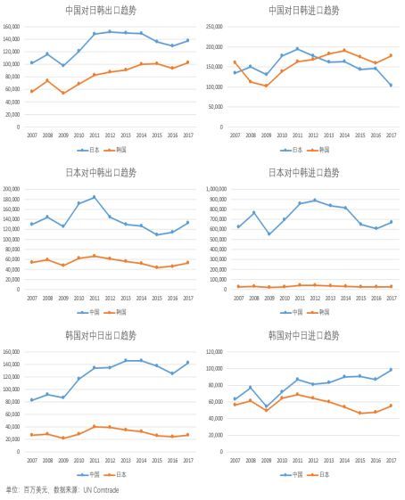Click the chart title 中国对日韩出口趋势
pos(101,11)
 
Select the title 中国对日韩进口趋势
pos(303,11)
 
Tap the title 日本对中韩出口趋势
pos(101,172)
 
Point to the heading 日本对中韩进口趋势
pos(303,172)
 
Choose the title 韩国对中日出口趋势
pos(101,335)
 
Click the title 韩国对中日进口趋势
pos(303,335)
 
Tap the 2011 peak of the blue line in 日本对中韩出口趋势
pos(94,197)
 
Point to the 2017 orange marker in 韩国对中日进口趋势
pos(391,406)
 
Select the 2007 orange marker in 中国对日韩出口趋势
pos(32,91)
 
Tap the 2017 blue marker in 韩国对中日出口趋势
pos(187,363)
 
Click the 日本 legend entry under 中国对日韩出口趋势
pos(88,150)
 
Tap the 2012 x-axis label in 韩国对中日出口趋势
pos(110,460)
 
